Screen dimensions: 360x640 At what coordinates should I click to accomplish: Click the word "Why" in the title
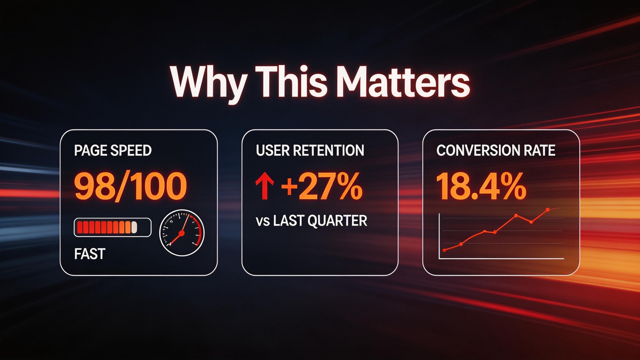point(208,83)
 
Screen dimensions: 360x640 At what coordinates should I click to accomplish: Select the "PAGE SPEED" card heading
point(113,150)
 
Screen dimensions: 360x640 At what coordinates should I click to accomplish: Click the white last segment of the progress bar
point(134,227)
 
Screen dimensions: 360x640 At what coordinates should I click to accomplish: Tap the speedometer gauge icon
point(182,233)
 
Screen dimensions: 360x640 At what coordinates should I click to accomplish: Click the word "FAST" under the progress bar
point(90,254)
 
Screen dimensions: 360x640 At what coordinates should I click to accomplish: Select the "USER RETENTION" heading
point(310,150)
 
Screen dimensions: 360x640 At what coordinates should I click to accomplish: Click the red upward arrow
point(265,187)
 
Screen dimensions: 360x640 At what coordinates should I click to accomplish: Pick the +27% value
point(322,187)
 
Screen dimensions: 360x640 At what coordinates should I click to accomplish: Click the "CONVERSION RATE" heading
point(496,150)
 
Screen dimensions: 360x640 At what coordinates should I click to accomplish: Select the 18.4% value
point(481,187)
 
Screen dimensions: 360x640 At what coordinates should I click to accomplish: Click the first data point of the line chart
point(444,250)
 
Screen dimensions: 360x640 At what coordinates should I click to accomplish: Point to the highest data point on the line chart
point(548,210)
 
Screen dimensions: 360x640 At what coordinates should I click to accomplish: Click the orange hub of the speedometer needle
point(182,233)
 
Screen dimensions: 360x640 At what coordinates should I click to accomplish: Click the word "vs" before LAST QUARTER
point(263,221)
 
